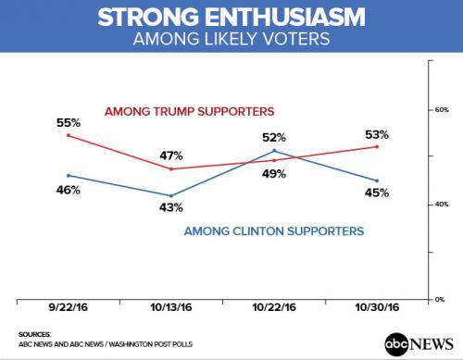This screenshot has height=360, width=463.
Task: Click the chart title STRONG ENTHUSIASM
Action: tap(231, 19)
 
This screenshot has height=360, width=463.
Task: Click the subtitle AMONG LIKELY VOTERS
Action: tap(231, 42)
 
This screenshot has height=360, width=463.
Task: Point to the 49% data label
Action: tap(275, 172)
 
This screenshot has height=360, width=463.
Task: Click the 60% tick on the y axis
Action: tap(441, 109)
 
